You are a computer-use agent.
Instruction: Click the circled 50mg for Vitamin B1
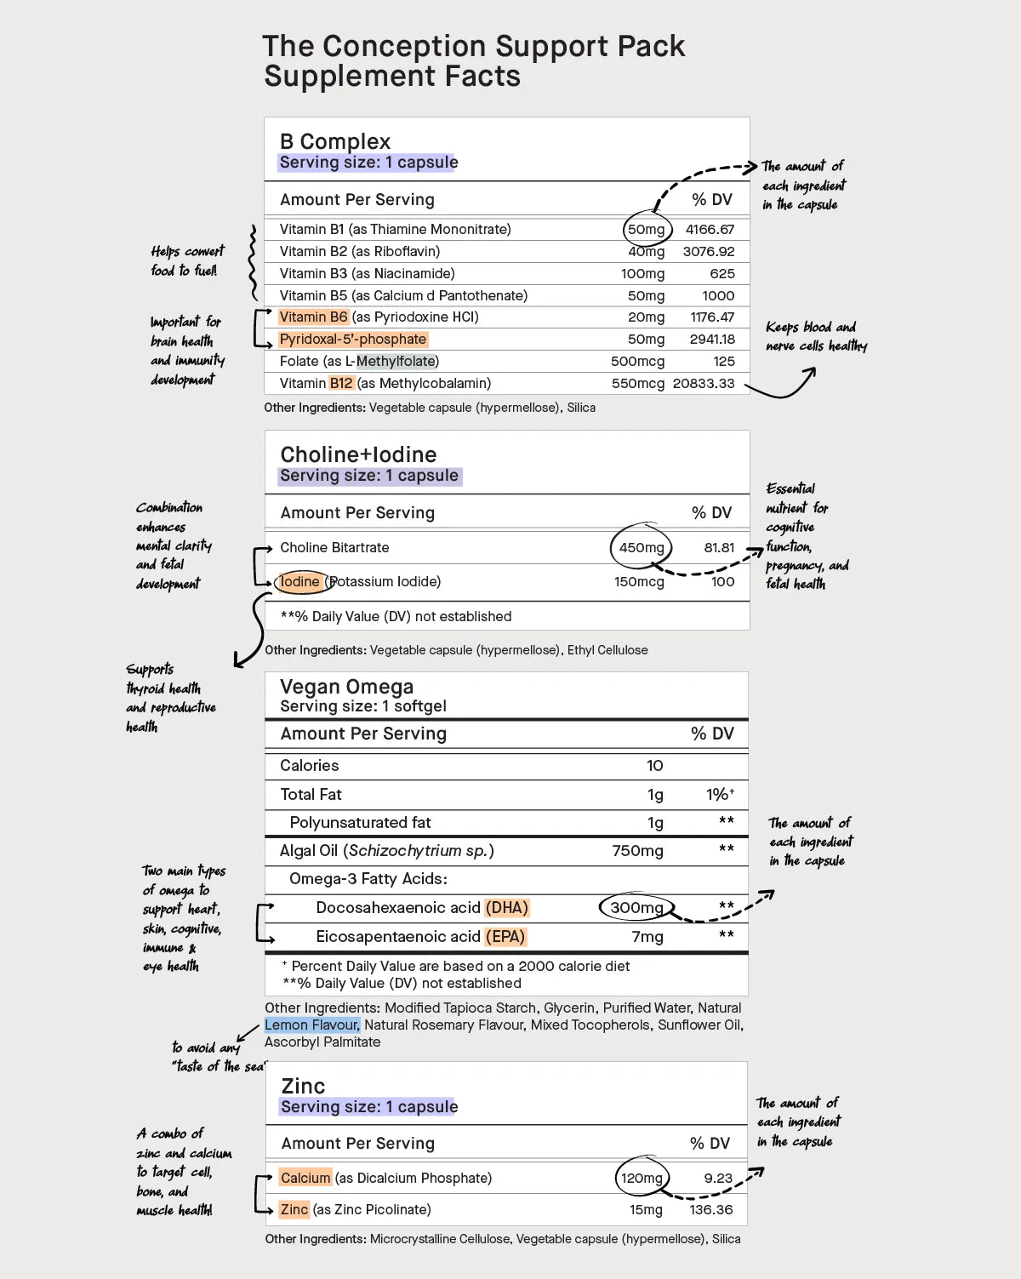pos(647,230)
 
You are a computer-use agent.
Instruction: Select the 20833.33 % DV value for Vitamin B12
pos(704,384)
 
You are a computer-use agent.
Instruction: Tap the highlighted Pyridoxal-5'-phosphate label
pos(352,340)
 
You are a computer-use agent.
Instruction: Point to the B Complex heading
pos(335,141)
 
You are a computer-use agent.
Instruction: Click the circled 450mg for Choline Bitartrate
pos(642,548)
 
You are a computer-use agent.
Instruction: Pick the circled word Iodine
pos(299,582)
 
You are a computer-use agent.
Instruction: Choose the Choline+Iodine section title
pos(358,454)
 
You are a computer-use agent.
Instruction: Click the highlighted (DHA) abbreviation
pos(507,908)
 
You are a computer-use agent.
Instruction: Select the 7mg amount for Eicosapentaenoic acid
pos(647,937)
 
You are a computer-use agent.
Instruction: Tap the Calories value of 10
pos(654,766)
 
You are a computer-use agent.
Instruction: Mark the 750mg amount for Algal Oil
pos(637,851)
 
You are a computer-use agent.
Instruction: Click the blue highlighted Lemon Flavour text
pos(312,1025)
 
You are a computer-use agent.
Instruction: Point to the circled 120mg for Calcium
pos(642,1179)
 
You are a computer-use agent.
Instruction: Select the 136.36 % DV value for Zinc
pos(711,1210)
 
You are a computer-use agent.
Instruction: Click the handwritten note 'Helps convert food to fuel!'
pos(187,261)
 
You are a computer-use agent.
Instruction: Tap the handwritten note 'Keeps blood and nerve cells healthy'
pos(816,337)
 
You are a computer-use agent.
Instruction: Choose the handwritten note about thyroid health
pos(170,698)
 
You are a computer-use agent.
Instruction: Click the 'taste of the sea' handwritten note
pos(218,1057)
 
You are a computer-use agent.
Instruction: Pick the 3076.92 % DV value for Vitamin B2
pos(709,252)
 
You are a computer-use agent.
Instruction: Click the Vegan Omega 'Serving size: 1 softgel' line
pos(363,706)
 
